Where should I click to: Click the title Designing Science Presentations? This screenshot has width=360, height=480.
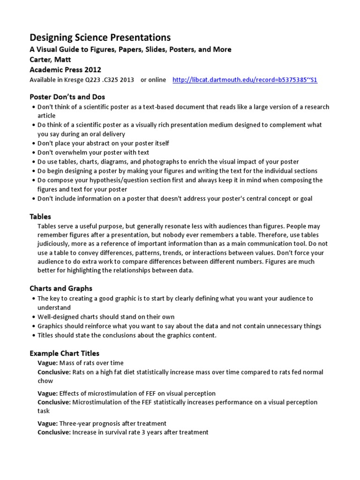(x=100, y=37)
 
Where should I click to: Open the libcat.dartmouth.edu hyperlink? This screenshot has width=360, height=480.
(x=245, y=80)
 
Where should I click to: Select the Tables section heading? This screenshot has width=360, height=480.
(x=40, y=217)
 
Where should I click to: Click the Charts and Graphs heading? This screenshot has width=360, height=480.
(x=61, y=288)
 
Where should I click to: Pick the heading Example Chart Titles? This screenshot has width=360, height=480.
(x=65, y=353)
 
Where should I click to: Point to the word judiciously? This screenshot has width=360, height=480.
(x=55, y=244)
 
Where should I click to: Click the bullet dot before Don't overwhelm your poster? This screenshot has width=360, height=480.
(x=33, y=152)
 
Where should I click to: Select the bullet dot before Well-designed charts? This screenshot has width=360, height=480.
(x=33, y=317)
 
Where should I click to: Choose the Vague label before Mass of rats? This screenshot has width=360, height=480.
(x=47, y=363)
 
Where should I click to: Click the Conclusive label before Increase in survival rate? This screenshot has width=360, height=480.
(x=54, y=432)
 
